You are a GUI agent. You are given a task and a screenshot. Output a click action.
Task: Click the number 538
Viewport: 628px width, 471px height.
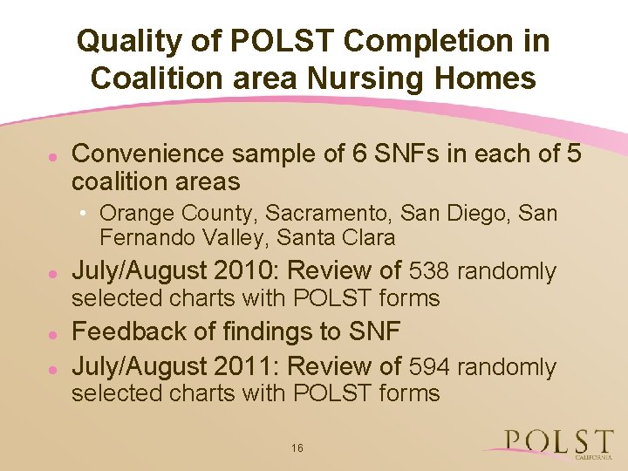tap(430, 271)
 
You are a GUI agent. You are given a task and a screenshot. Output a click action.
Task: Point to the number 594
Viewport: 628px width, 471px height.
tap(430, 367)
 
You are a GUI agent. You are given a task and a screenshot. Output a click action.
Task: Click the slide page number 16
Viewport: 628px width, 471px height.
tap(297, 448)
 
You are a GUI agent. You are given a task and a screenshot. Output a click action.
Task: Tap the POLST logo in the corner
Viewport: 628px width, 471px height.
tap(558, 443)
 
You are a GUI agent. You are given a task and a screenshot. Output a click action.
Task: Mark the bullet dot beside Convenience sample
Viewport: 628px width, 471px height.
tap(52, 155)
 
